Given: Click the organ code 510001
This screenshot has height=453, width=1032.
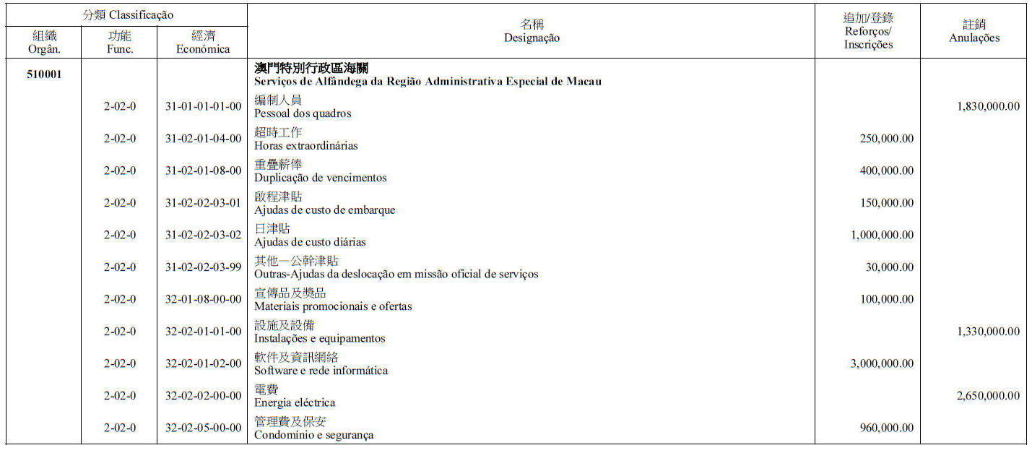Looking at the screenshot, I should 44,74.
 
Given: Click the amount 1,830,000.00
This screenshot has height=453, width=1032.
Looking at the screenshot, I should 988,106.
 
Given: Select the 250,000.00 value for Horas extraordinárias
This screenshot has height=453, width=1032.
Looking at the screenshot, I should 886,139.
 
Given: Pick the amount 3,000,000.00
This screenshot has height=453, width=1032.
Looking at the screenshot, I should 882,363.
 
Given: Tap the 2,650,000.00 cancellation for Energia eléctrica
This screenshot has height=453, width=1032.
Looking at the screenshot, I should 988,395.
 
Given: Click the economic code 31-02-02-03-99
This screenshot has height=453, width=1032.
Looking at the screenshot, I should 203,267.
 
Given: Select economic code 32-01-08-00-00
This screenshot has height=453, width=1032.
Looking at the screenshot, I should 203,299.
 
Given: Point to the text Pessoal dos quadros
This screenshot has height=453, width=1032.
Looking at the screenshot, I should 303,113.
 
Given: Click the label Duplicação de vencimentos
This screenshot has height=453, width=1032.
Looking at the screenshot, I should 320,178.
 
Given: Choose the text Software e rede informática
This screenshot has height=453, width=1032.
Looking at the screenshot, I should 321,371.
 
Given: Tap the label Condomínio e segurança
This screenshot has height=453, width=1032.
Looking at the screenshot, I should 313,435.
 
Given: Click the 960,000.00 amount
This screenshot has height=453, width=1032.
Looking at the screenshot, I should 886,428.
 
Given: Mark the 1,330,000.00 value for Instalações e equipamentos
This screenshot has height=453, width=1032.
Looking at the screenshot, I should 988,331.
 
